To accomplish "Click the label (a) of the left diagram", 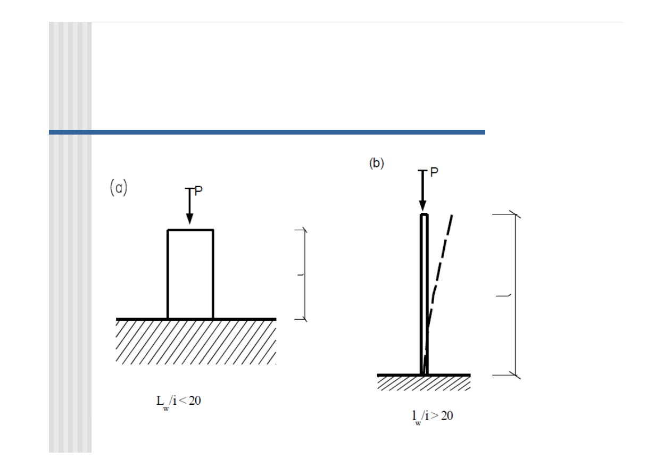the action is click(119, 187).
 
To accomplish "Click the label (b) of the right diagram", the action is click(377, 163).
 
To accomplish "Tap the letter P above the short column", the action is click(198, 191).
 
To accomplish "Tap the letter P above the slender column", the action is click(434, 172).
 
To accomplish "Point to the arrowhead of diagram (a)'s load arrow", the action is click(189, 219).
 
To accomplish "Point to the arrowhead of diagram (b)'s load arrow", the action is click(422, 206).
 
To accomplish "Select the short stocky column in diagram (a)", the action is click(190, 274).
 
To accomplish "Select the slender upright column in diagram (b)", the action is click(424, 294).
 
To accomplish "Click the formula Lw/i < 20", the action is click(178, 402).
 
